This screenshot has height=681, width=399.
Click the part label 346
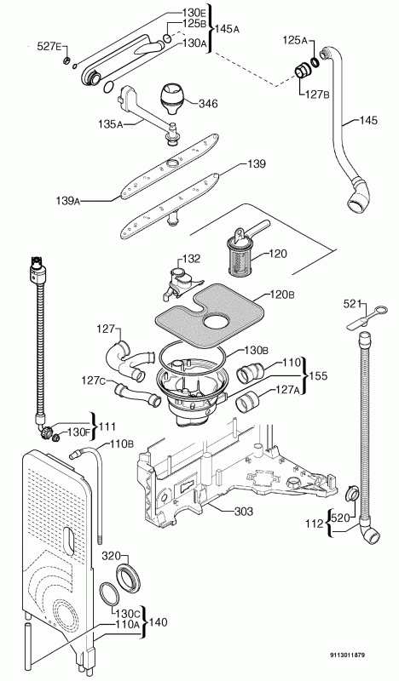pyautogui.click(x=208, y=103)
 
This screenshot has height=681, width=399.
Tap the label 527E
pyautogui.click(x=50, y=47)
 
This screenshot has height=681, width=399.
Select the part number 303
pyautogui.click(x=243, y=512)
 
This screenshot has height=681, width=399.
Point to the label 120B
pyautogui.click(x=282, y=295)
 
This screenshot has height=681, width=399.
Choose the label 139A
pyautogui.click(x=68, y=201)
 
